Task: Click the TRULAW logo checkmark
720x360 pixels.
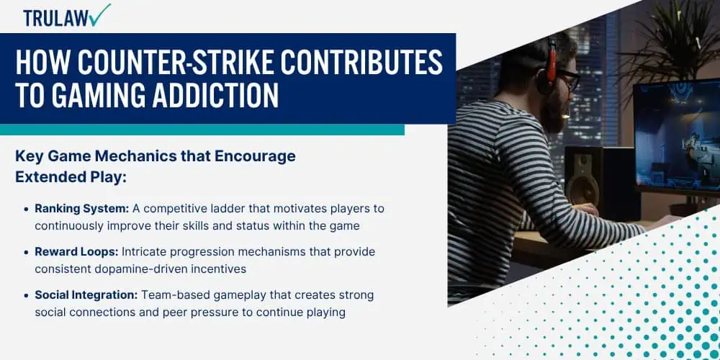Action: [101, 14]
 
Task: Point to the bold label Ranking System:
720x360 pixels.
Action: [82, 209]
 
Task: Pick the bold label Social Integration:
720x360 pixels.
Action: [86, 295]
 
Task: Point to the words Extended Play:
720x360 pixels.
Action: [71, 178]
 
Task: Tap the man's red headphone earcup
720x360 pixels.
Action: [551, 64]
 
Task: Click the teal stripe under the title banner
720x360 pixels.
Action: [202, 130]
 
